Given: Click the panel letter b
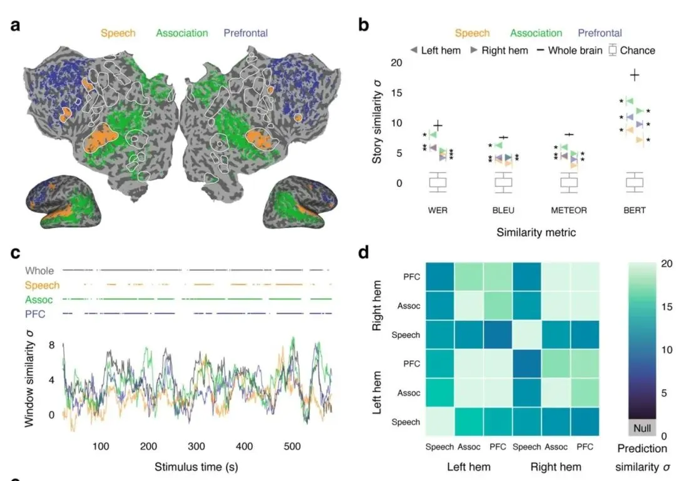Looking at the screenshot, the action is tap(364, 24).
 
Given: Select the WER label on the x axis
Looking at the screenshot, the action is tap(438, 210).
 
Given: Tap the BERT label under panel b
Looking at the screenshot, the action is tap(634, 210).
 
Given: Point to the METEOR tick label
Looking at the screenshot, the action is tap(568, 210).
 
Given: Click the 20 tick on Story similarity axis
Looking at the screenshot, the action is tap(396, 63).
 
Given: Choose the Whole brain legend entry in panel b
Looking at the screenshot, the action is tap(570, 51).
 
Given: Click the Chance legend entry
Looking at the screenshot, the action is tap(632, 51).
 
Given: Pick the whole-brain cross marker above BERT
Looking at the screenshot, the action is tap(634, 76).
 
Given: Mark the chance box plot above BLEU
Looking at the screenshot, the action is tap(503, 182).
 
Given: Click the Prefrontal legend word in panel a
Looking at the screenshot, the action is tap(246, 33).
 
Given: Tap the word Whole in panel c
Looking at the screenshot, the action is tap(39, 271).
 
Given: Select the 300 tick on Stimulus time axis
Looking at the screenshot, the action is tap(196, 447).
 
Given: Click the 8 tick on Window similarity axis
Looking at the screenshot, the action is tap(52, 345).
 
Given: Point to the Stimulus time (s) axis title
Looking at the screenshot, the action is tap(196, 467).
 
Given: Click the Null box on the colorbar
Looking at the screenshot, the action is tap(642, 428).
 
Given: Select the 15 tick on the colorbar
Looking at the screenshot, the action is tap(667, 307).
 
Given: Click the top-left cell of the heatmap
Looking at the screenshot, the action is tap(440, 276).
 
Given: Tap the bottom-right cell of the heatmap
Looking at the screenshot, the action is tap(585, 422).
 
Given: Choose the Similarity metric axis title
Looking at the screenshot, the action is tap(536, 233).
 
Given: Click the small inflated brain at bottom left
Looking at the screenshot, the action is tap(63, 201).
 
